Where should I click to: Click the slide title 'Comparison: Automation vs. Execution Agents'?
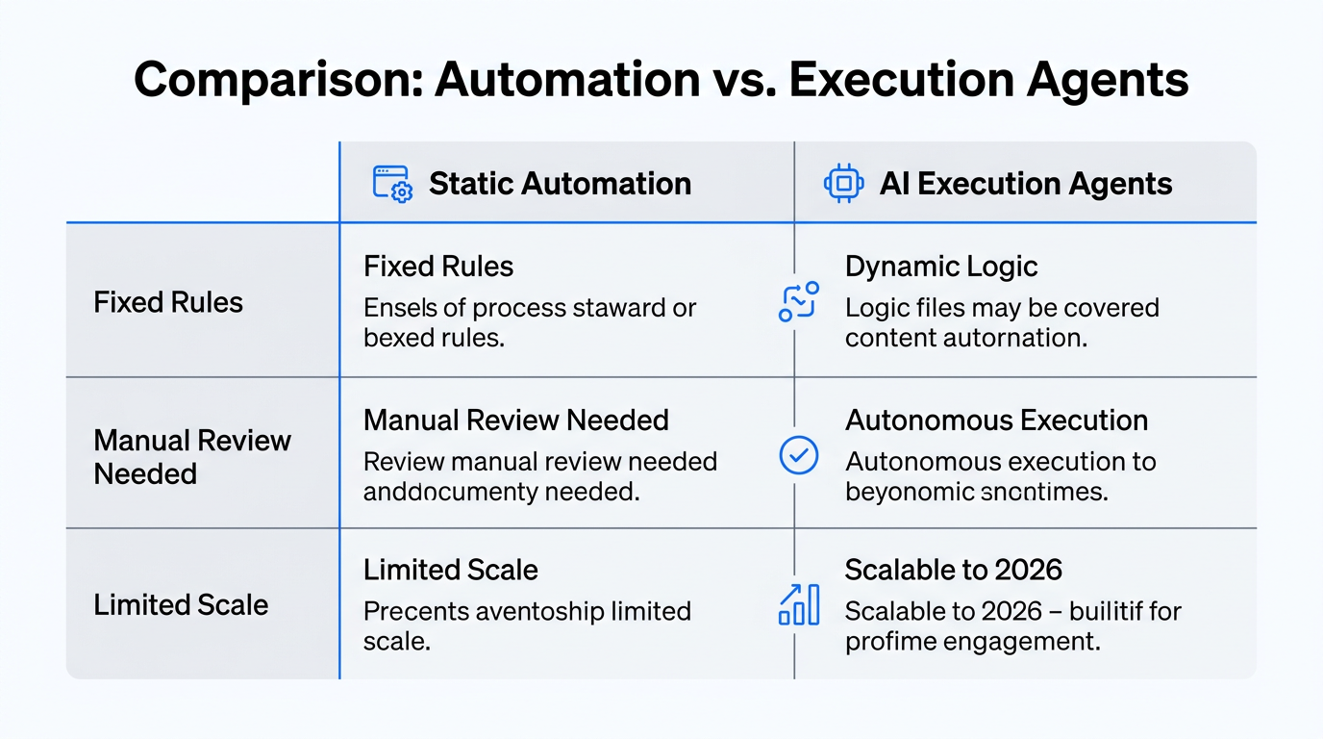(661, 79)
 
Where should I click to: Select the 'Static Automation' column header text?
(560, 184)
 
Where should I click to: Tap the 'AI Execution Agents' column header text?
(1025, 184)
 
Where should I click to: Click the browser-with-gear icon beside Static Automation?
(391, 184)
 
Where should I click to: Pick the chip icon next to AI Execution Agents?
(843, 184)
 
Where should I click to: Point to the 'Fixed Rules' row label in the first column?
(168, 302)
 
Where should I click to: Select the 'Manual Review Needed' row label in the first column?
(191, 457)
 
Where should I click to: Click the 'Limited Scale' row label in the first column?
(181, 605)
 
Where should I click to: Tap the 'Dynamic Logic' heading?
(941, 267)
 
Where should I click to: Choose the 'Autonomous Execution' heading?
(996, 420)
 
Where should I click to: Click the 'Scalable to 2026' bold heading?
(953, 570)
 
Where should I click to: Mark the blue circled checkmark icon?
(798, 456)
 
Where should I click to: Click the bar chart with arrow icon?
(798, 604)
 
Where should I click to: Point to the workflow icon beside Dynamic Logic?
(798, 301)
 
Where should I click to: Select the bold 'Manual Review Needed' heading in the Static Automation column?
(515, 420)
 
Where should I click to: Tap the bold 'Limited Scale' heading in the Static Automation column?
(450, 570)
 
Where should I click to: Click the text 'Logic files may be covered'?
(1002, 308)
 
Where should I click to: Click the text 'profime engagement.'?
(972, 641)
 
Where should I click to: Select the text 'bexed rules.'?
(434, 339)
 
